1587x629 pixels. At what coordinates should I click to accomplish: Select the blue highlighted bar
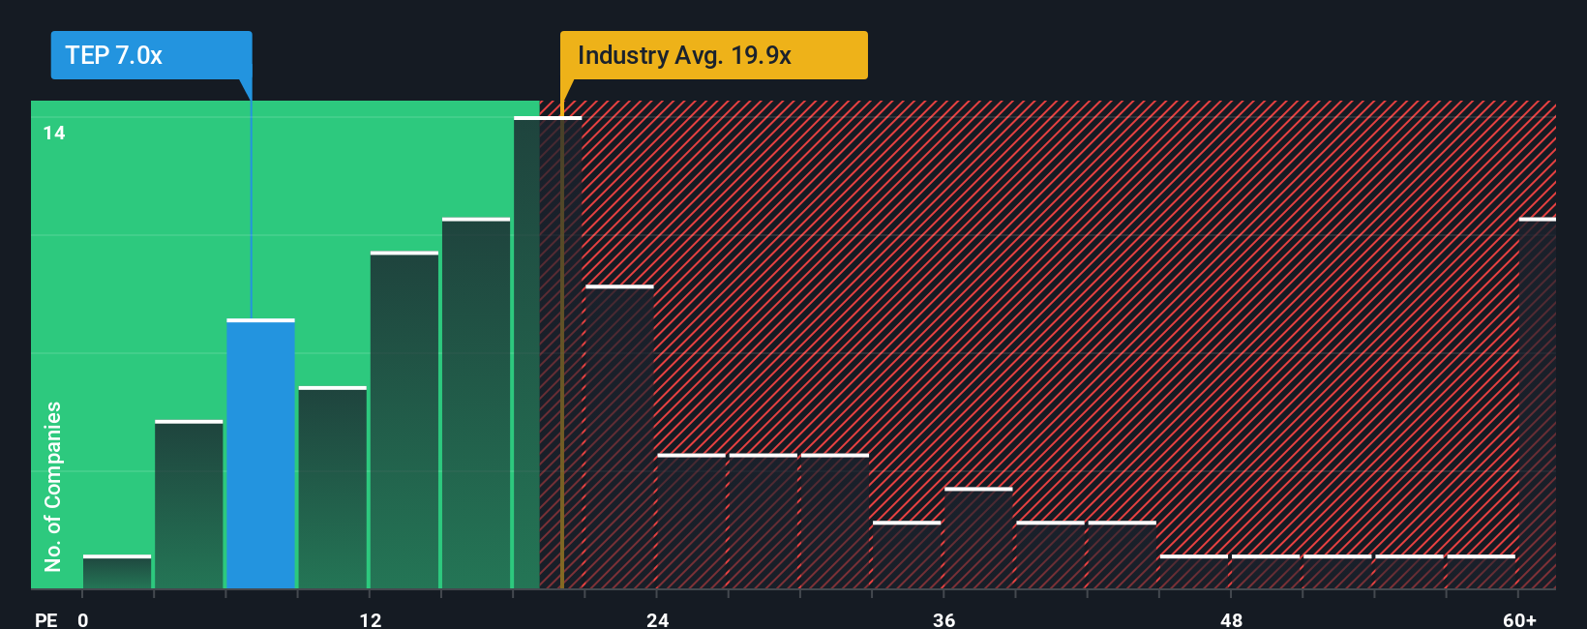click(x=260, y=454)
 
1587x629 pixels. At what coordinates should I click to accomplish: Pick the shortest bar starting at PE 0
click(x=117, y=572)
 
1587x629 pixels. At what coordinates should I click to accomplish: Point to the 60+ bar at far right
click(x=1537, y=404)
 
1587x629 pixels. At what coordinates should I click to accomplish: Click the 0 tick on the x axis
click(x=83, y=619)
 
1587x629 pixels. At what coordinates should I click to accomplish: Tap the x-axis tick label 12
click(x=371, y=619)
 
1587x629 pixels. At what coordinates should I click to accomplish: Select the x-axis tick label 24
click(x=658, y=619)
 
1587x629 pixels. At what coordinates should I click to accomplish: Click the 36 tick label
click(x=944, y=619)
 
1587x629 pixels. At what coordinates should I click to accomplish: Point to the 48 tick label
click(x=1231, y=619)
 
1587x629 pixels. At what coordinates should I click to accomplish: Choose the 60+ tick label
click(x=1519, y=619)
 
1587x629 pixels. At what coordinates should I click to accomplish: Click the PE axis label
click(x=45, y=619)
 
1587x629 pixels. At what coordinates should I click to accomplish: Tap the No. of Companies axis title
click(x=53, y=486)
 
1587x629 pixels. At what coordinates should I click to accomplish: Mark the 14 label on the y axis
click(x=54, y=134)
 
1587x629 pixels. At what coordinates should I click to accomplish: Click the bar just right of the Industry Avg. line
click(x=619, y=437)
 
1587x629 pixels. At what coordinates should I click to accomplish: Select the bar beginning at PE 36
click(x=978, y=538)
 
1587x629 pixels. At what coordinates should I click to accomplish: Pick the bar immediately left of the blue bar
click(x=189, y=504)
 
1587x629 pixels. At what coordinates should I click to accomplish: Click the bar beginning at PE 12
click(x=404, y=420)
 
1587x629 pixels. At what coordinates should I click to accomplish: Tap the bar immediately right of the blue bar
click(x=332, y=488)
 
